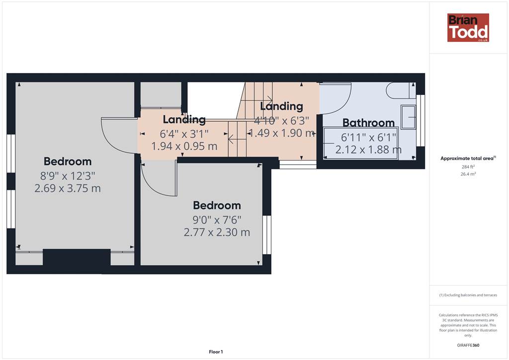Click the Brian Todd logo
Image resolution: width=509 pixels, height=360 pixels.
click(468, 27)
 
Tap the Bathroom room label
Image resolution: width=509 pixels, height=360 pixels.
click(368, 123)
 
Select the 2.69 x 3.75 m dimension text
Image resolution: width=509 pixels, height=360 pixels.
click(68, 188)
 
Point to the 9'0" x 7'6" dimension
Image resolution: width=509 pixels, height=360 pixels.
click(217, 220)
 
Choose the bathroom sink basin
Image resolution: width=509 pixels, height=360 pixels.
click(408, 117)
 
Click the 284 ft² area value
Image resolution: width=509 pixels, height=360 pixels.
click(468, 167)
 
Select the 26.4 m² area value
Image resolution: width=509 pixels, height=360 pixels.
click(468, 174)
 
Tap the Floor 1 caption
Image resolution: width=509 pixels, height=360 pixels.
click(216, 352)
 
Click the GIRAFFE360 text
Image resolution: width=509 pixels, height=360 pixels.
click(468, 345)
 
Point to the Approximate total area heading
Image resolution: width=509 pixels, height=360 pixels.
click(468, 159)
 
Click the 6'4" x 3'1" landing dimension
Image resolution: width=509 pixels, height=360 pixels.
click(184, 134)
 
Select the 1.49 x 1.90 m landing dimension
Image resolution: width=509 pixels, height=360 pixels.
click(281, 133)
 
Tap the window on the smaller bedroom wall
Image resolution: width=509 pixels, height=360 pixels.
click(266, 235)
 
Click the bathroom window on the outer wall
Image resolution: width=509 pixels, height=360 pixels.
click(421, 120)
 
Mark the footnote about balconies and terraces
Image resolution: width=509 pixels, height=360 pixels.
click(468, 295)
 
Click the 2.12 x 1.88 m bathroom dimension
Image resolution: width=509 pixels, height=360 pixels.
click(368, 150)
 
